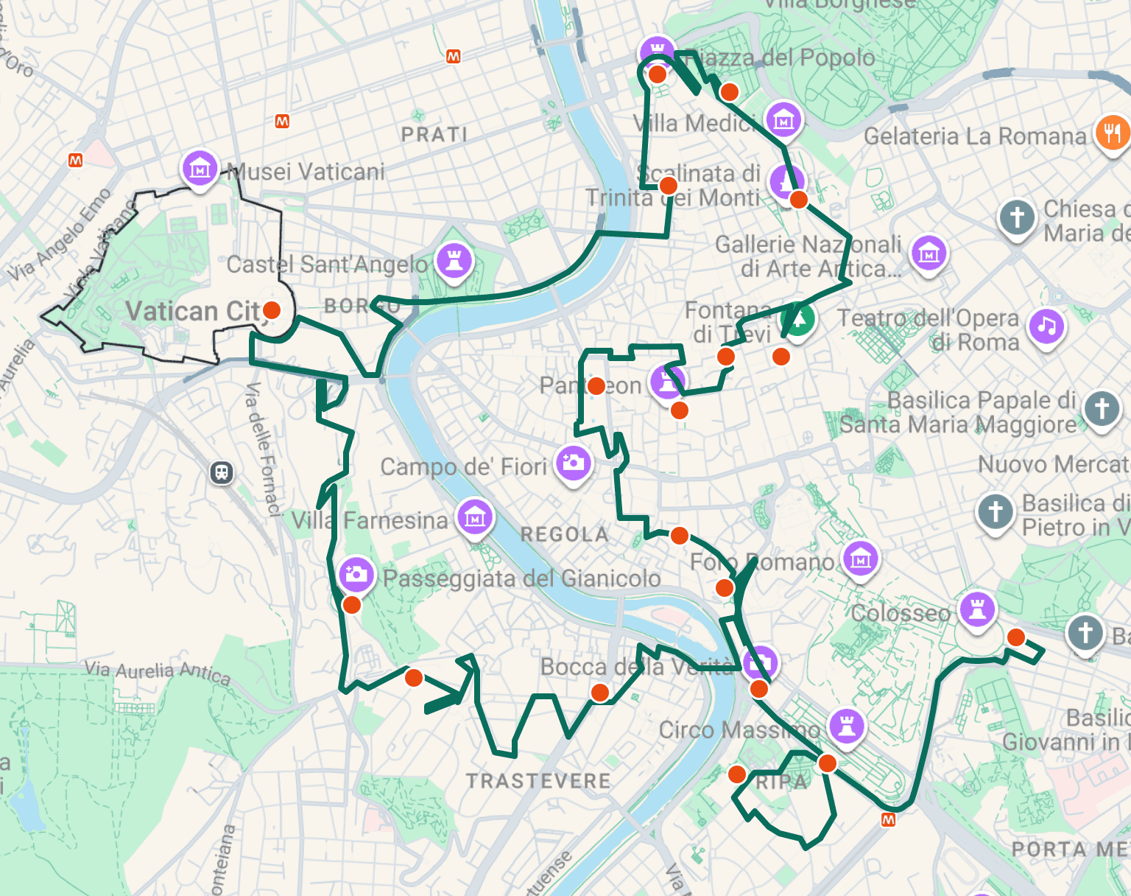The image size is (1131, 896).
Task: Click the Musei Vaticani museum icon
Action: (x=200, y=169)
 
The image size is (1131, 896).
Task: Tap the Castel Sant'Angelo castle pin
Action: (x=454, y=260)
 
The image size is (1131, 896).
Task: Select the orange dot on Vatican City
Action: (x=272, y=310)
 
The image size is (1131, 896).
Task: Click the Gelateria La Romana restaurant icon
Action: (x=1112, y=133)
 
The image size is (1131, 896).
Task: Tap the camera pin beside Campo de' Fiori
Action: (x=574, y=463)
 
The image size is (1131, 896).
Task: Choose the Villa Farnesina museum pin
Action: (x=475, y=517)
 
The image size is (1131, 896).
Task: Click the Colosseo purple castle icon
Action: (x=977, y=609)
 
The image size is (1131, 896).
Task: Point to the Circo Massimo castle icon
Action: (x=847, y=726)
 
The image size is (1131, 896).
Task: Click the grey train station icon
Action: (x=222, y=472)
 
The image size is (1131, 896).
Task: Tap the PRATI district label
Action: (x=434, y=135)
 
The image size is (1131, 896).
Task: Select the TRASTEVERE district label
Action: (x=538, y=781)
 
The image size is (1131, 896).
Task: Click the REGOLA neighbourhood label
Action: (x=565, y=535)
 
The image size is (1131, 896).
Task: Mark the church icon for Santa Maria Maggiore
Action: (x=1101, y=407)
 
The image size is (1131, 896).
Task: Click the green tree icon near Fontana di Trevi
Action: (x=800, y=321)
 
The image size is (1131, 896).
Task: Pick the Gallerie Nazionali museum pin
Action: (x=929, y=253)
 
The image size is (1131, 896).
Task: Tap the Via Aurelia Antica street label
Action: (x=158, y=671)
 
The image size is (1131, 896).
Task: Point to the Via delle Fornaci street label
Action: (x=264, y=449)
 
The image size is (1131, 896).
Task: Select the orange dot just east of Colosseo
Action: (x=1016, y=637)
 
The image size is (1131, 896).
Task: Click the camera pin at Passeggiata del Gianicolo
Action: (x=356, y=573)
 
